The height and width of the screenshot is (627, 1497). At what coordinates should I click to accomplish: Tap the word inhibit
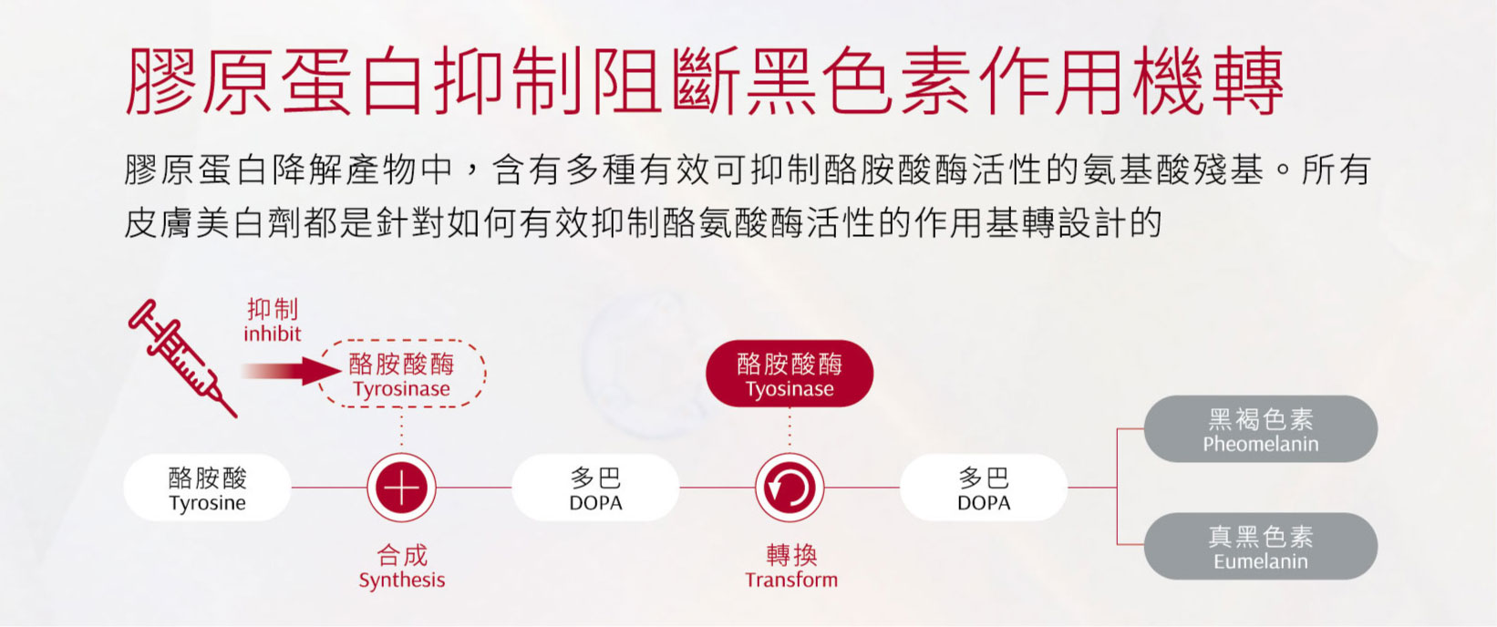(x=272, y=334)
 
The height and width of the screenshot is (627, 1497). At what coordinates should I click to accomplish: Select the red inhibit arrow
(x=292, y=371)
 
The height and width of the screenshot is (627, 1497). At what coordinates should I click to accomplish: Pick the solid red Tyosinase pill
(x=790, y=374)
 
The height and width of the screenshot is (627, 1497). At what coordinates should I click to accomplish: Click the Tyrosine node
(x=207, y=488)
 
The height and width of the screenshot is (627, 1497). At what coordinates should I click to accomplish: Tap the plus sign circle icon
(x=402, y=488)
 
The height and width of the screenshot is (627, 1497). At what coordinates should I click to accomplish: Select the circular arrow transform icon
(x=790, y=488)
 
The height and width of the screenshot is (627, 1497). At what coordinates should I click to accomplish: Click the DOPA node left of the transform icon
(x=595, y=488)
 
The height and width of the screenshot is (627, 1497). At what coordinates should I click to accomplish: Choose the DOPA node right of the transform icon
(x=984, y=488)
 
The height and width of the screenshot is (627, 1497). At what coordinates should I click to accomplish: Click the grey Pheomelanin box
(x=1261, y=428)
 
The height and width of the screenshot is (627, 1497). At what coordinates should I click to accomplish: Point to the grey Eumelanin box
(x=1261, y=546)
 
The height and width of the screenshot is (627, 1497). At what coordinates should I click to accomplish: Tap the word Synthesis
(x=402, y=580)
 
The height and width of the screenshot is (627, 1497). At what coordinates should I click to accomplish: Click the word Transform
(x=791, y=580)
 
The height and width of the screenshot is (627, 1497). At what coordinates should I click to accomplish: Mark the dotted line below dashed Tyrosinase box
(x=402, y=430)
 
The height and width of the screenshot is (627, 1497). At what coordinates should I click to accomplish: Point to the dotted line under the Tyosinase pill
(x=790, y=430)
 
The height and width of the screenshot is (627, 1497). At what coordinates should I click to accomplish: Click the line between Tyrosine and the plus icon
(x=329, y=488)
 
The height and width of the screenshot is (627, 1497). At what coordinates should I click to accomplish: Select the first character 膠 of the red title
(x=161, y=81)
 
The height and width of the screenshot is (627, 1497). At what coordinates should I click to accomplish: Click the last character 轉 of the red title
(x=1248, y=81)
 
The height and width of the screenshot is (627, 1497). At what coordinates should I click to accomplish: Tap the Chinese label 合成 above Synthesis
(x=402, y=555)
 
